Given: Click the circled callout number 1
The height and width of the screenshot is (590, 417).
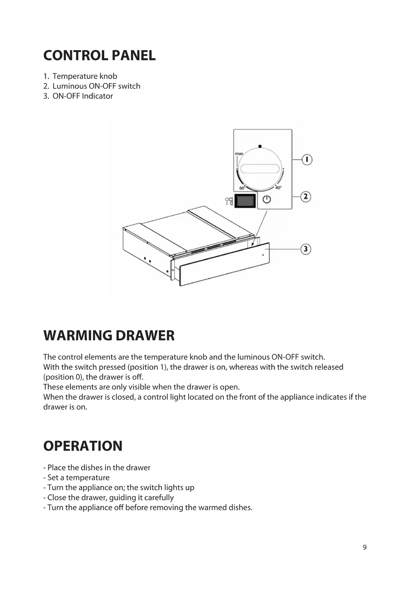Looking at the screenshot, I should (307, 159).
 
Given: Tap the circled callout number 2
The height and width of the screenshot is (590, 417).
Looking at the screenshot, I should (305, 196).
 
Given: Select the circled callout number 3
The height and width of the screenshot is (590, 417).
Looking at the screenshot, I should (305, 249).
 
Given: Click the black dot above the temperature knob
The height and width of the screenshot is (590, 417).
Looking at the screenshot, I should (260, 146).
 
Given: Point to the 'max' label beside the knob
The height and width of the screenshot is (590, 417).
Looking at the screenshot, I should (239, 154).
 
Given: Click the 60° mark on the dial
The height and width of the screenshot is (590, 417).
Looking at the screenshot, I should (242, 188).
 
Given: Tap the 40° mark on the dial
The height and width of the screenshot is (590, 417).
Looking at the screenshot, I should (278, 188).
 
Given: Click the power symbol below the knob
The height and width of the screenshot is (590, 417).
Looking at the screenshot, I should (266, 199).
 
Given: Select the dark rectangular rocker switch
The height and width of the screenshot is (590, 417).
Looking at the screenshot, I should (245, 201).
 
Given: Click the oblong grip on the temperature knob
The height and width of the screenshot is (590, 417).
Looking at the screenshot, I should (260, 169).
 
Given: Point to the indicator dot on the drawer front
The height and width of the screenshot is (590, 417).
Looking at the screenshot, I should (263, 255).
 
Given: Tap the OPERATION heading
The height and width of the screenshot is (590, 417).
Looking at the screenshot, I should (83, 446).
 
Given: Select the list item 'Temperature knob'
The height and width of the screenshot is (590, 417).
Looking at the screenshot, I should (85, 76).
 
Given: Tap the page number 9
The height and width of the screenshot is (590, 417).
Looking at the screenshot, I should (365, 547).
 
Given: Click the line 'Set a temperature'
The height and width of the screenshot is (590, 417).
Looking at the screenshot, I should (78, 478).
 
